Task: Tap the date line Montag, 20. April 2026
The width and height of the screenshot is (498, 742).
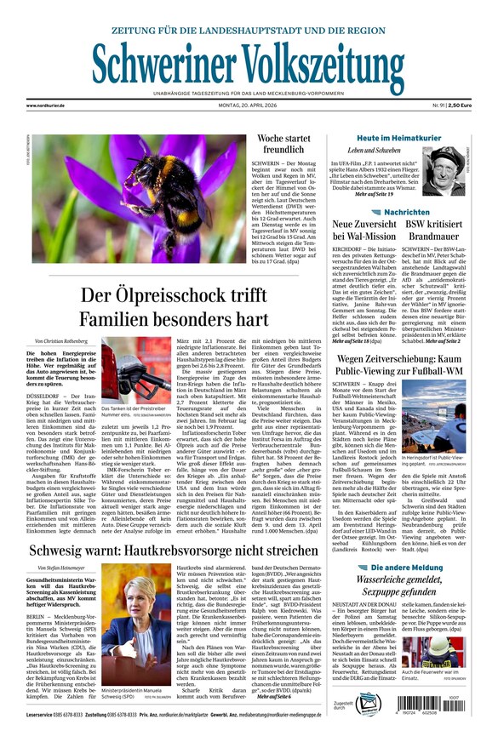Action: [247, 105]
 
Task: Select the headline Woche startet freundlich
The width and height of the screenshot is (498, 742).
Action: [283, 144]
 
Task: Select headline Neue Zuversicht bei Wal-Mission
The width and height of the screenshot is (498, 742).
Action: [366, 231]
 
